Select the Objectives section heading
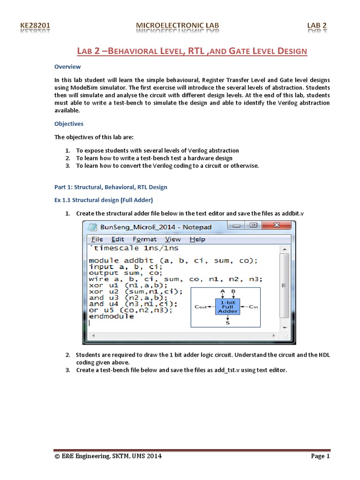(69, 124)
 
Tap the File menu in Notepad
(97, 239)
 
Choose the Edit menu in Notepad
(118, 239)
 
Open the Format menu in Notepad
(144, 239)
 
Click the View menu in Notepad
(172, 239)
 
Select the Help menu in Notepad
(197, 239)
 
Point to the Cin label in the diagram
(254, 307)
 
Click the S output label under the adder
(228, 323)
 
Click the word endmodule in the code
(111, 316)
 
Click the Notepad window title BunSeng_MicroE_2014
(156, 227)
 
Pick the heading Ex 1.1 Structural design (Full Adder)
(104, 200)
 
